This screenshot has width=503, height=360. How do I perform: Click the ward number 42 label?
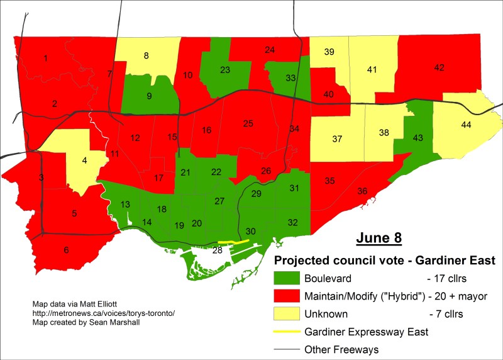pyautogui.click(x=439, y=67)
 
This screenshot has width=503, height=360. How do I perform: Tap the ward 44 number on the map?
pyautogui.click(x=466, y=125)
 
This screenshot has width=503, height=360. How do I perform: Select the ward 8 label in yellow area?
pyautogui.click(x=146, y=55)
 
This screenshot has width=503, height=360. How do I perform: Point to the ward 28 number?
pyautogui.click(x=218, y=251)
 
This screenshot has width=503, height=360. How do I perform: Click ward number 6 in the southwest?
pyautogui.click(x=66, y=250)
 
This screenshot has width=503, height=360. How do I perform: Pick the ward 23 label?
pyautogui.click(x=224, y=70)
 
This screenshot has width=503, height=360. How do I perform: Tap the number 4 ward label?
pyautogui.click(x=85, y=160)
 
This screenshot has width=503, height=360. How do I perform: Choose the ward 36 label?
pyautogui.click(x=363, y=191)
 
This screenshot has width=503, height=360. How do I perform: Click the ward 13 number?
pyautogui.click(x=126, y=204)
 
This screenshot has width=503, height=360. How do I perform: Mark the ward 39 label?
pyautogui.click(x=329, y=53)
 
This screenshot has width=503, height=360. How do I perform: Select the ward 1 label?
pyautogui.click(x=45, y=59)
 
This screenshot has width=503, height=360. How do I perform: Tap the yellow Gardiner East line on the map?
pyautogui.click(x=233, y=242)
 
